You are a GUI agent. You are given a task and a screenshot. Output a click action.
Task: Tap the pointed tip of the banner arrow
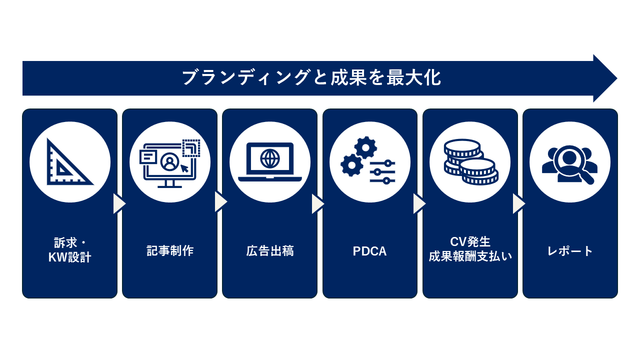615,78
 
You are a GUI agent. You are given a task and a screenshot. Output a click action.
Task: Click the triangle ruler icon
69,162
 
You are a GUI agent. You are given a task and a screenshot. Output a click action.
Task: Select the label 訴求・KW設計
70,250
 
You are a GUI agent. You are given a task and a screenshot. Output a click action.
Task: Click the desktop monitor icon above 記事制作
170,163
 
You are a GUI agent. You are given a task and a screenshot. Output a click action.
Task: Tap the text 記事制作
170,251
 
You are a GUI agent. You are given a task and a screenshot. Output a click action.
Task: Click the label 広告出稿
270,251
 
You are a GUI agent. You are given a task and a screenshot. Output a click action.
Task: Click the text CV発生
470,242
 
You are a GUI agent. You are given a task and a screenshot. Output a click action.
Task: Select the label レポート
570,251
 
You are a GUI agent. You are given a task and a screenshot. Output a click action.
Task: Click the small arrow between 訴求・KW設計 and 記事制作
119,203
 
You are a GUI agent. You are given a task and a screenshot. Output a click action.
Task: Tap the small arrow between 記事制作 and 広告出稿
220,202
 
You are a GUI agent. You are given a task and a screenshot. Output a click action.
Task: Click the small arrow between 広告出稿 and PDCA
318,203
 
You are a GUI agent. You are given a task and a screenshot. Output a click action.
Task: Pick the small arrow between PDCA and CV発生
419,203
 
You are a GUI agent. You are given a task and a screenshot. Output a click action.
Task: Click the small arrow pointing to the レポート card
519,203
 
